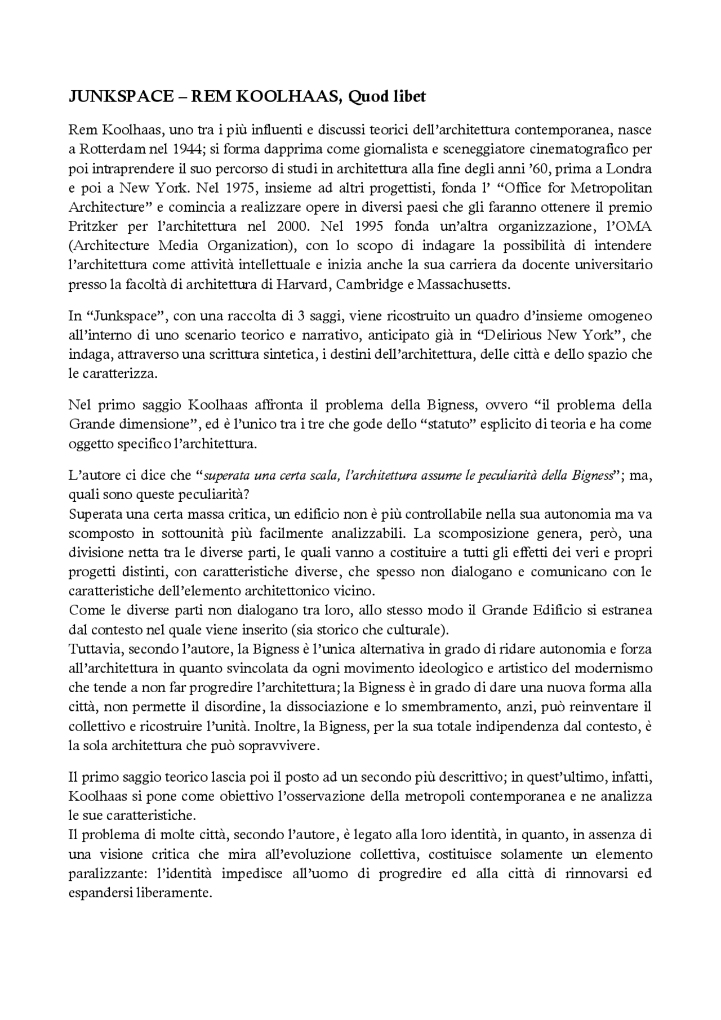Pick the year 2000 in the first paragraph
tap(292, 226)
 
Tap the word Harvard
tap(302, 284)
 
